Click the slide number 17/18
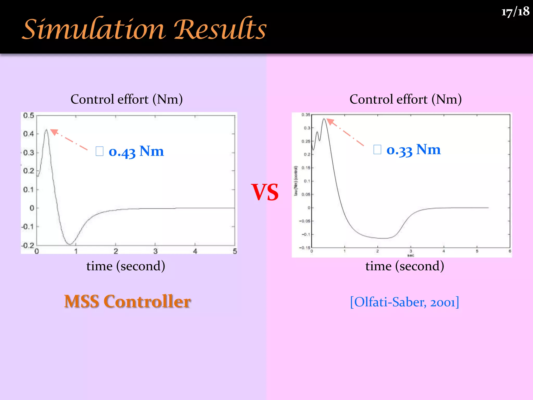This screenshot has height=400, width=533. click(515, 12)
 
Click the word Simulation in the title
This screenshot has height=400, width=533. click(94, 29)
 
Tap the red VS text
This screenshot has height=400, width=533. click(265, 192)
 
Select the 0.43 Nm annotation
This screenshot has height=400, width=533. click(136, 151)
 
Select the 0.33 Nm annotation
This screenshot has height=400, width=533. click(413, 150)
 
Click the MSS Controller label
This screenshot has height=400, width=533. click(128, 302)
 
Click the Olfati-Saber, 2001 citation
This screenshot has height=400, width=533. click(404, 302)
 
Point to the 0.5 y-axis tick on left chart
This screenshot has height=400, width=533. click(29, 115)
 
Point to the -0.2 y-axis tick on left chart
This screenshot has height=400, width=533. click(28, 245)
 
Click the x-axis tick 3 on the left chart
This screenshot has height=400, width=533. click(155, 251)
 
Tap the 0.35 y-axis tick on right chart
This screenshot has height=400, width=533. click(306, 115)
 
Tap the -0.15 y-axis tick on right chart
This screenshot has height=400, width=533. click(304, 248)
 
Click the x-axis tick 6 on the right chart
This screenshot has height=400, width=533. click(510, 251)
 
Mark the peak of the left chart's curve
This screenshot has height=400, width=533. click(46, 130)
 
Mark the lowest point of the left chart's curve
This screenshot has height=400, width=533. click(70, 244)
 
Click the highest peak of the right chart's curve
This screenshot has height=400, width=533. click(324, 119)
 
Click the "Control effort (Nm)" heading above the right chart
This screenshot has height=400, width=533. click(405, 99)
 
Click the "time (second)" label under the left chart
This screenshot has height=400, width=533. click(126, 266)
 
